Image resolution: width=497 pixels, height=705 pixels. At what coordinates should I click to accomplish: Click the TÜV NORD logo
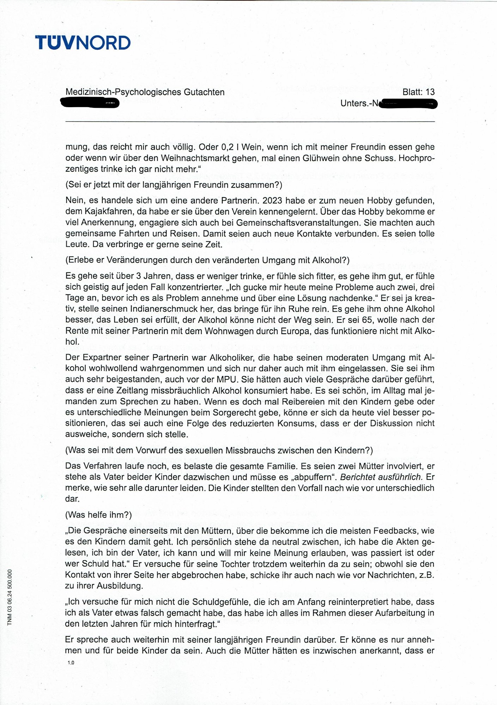[x=83, y=43]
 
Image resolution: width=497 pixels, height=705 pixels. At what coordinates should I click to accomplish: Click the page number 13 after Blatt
[x=430, y=92]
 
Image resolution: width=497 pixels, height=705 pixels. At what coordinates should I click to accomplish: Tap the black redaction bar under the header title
[x=90, y=103]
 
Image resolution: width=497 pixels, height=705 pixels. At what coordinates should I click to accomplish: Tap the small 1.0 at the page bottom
[x=71, y=663]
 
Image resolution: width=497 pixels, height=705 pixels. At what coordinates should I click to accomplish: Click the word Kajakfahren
[x=113, y=211]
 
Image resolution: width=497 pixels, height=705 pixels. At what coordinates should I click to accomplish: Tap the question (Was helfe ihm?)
[x=98, y=515]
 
